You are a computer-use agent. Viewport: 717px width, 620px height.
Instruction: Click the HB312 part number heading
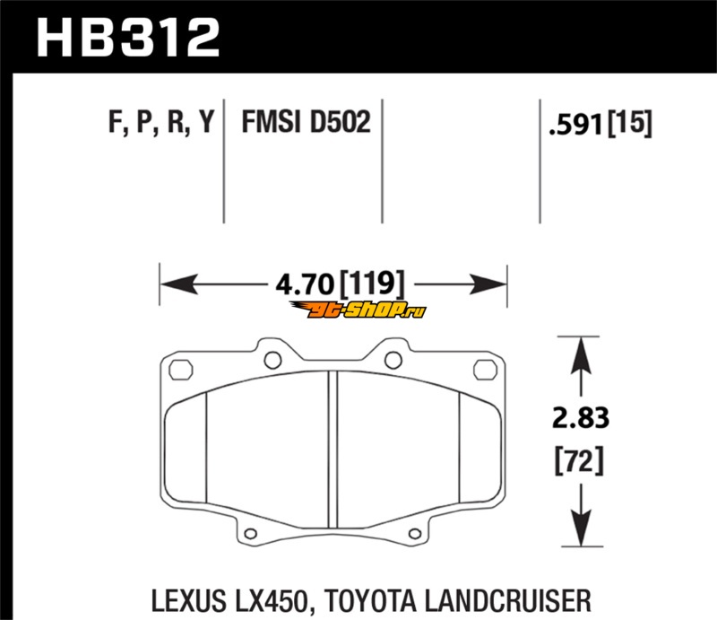pyautogui.click(x=128, y=38)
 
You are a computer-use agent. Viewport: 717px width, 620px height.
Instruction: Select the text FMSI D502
pyautogui.click(x=306, y=122)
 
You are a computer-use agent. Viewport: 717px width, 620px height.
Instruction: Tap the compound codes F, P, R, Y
pyautogui.click(x=161, y=123)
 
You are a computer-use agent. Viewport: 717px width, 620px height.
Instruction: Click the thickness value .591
pyautogui.click(x=575, y=125)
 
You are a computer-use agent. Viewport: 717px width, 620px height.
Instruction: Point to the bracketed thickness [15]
pyautogui.click(x=629, y=123)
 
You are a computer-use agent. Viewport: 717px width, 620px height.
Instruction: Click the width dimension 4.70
pyautogui.click(x=305, y=284)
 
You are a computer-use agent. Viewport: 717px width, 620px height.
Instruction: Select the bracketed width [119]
pyautogui.click(x=372, y=284)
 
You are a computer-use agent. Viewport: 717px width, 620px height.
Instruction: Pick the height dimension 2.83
pyautogui.click(x=581, y=417)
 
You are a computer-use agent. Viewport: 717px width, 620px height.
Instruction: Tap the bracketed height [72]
pyautogui.click(x=579, y=460)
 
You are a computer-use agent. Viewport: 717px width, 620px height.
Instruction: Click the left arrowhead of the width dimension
pyautogui.click(x=179, y=284)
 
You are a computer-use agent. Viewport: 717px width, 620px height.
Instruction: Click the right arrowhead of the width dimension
pyautogui.click(x=488, y=284)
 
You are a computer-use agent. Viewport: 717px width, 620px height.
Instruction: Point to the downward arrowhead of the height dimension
pyautogui.click(x=581, y=527)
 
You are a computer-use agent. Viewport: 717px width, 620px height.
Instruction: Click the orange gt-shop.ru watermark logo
pyautogui.click(x=358, y=310)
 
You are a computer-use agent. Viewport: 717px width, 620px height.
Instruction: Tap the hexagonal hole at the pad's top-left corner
pyautogui.click(x=181, y=370)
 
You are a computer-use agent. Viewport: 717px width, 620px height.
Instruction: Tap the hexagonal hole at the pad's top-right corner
pyautogui.click(x=485, y=370)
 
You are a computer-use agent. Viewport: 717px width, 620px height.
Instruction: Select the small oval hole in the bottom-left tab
pyautogui.click(x=251, y=534)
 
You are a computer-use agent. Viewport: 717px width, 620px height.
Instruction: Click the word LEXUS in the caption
pyautogui.click(x=188, y=601)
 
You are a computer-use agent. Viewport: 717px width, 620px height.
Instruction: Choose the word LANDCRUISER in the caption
pyautogui.click(x=507, y=601)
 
